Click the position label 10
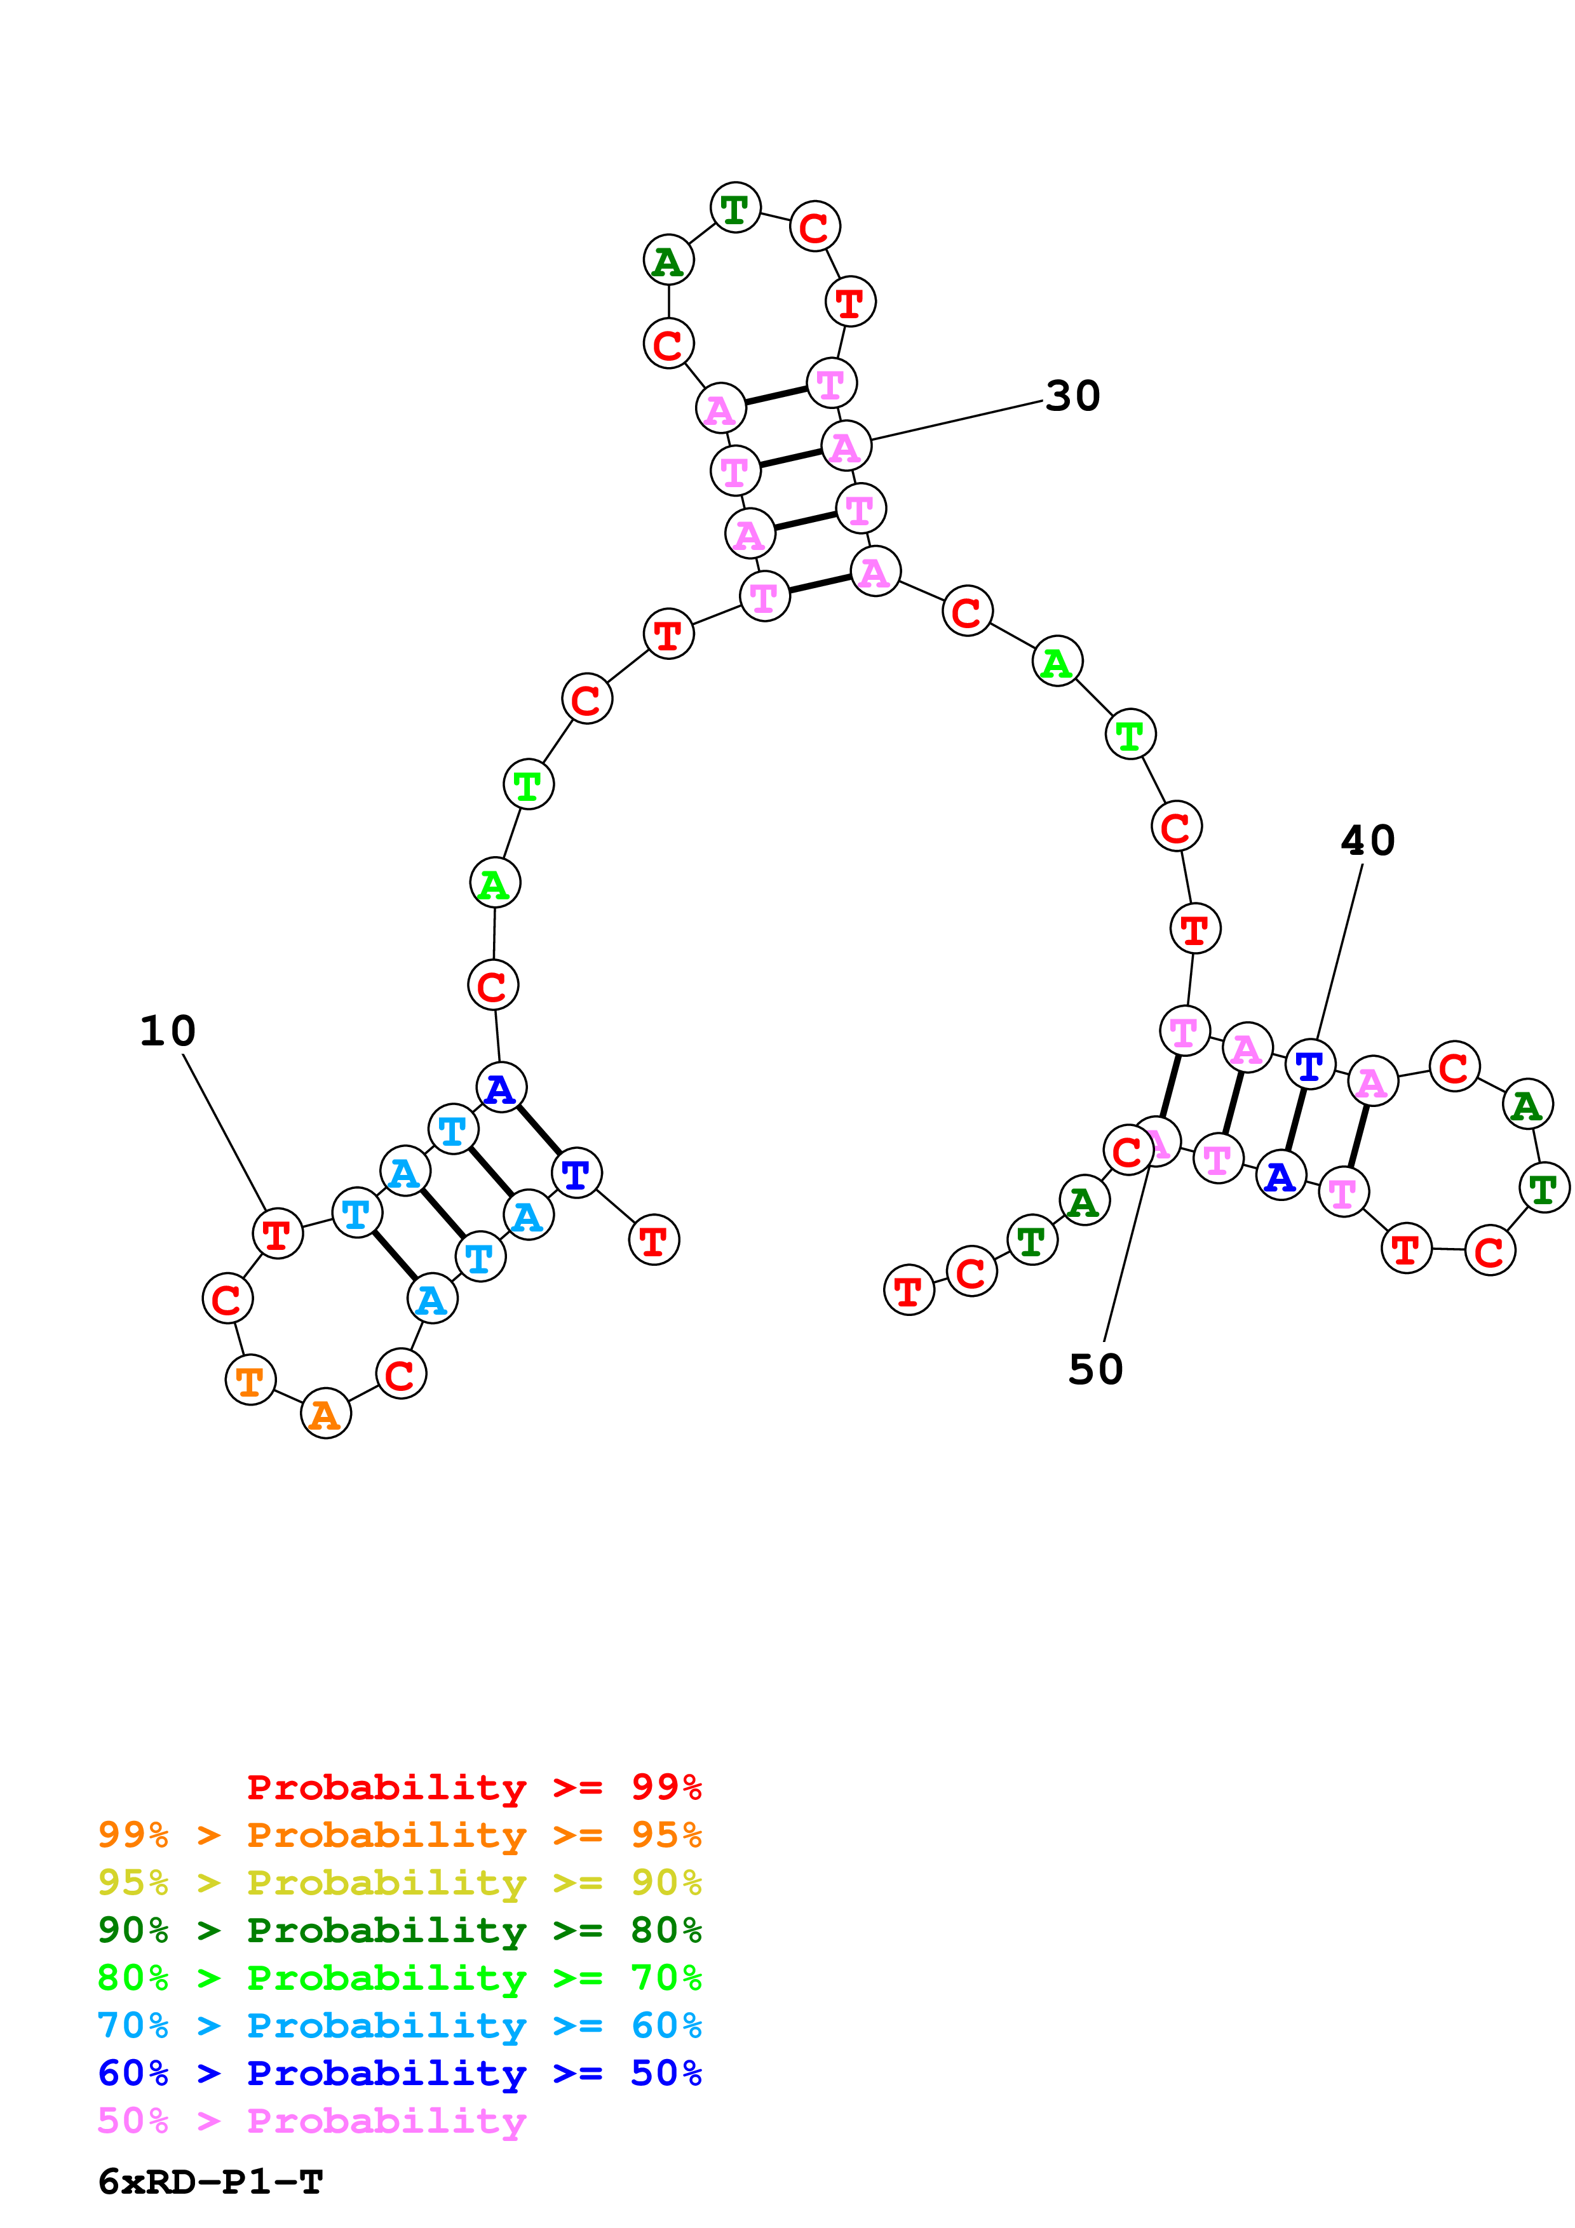pyautogui.click(x=167, y=1031)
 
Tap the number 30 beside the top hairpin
pyautogui.click(x=1072, y=396)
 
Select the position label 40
pyautogui.click(x=1367, y=840)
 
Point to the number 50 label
pyautogui.click(x=1095, y=1369)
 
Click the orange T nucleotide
pyautogui.click(x=250, y=1380)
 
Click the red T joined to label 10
pyautogui.click(x=278, y=1234)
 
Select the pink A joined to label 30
pyautogui.click(x=845, y=446)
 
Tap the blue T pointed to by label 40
pyautogui.click(x=1309, y=1066)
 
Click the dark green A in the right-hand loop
pyautogui.click(x=1527, y=1104)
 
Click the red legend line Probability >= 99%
pyautogui.click(x=473, y=1787)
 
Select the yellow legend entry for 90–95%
pyautogui.click(x=399, y=1882)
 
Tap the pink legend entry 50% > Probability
pyautogui.click(x=311, y=2121)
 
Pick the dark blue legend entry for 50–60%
pyautogui.click(x=399, y=2073)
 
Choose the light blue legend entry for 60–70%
pyautogui.click(x=399, y=2025)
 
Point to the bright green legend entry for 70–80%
pyautogui.click(x=399, y=1978)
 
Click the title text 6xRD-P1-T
pyautogui.click(x=210, y=2182)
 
